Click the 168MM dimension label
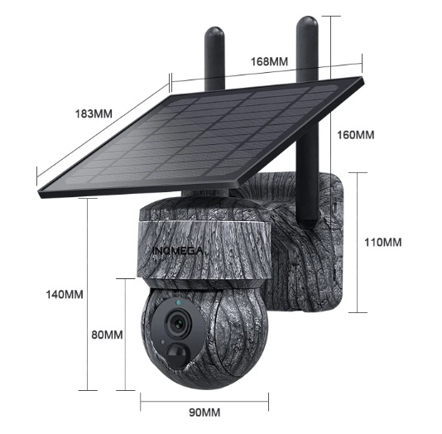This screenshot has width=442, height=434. click(x=269, y=61)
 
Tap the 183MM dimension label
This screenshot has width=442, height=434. click(x=94, y=113)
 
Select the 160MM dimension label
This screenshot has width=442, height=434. click(x=356, y=135)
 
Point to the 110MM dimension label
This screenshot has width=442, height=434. click(x=383, y=242)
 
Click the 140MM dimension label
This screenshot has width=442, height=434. click(x=65, y=294)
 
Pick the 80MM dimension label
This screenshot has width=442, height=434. click(x=107, y=335)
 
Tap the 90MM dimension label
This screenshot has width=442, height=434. click(x=204, y=412)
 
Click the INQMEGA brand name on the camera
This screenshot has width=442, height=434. click(x=178, y=250)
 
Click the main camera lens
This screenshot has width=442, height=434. click(x=178, y=323)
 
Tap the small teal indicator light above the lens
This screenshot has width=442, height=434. click(x=178, y=303)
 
